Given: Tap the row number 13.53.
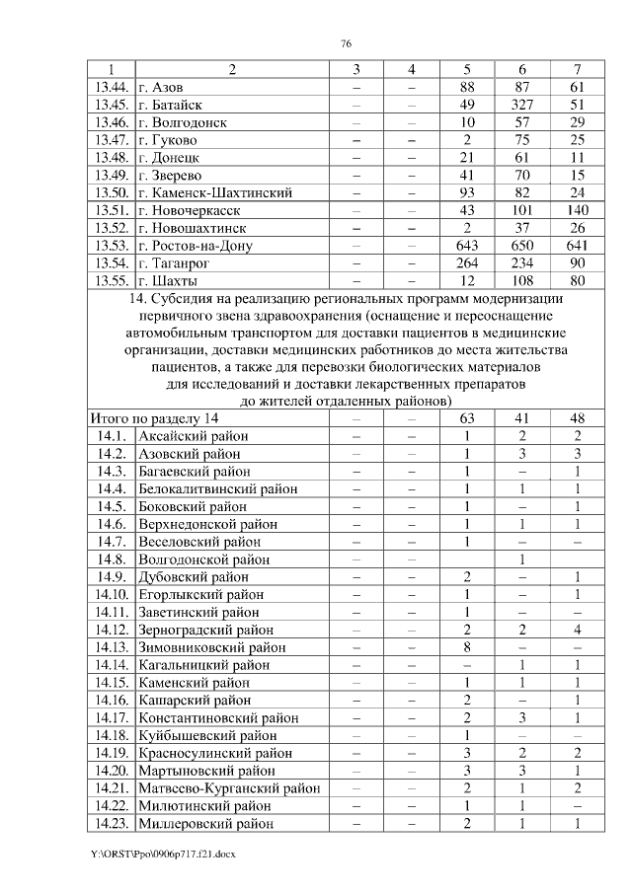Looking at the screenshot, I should (111, 245).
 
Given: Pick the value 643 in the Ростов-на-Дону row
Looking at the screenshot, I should (468, 245).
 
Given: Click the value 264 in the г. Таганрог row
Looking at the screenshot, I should (468, 262).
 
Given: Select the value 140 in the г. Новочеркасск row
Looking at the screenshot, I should (578, 210).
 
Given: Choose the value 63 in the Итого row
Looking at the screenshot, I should (468, 418).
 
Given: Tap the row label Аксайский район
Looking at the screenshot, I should (193, 436).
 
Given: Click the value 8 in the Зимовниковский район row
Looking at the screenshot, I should (468, 647).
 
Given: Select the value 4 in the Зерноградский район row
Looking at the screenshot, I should (578, 630).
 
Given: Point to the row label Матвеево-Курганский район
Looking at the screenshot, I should (229, 787).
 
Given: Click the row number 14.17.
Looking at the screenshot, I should (111, 717).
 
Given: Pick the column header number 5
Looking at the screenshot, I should (468, 70).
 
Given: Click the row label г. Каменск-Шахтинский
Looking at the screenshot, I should (214, 192).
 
